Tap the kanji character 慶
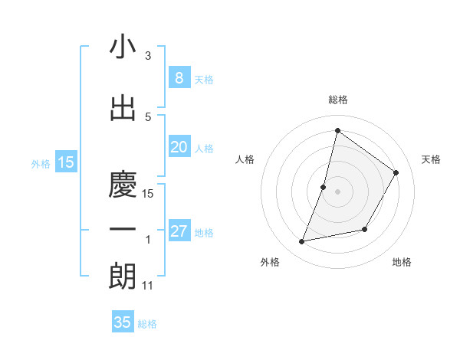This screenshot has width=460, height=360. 123,181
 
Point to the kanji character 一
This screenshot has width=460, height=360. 123,228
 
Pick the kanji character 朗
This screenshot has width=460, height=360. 123,276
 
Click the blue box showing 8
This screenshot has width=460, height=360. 179,77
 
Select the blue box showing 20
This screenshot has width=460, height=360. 179,147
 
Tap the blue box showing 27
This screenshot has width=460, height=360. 179,231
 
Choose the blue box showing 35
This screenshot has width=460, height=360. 123,322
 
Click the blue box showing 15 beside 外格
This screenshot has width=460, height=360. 66,162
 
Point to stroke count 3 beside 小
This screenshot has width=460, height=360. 148,56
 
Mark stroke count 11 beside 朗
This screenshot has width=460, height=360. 148,286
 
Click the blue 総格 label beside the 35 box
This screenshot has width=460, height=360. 147,324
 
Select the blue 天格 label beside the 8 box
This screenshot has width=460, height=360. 204,79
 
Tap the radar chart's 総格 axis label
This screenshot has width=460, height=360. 337,100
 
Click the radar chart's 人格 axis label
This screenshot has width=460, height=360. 245,159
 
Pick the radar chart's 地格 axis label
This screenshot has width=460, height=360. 402,262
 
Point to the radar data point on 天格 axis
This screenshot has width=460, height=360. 396,173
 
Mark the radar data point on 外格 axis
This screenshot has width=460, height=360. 302,242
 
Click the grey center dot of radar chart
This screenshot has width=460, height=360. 337,191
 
